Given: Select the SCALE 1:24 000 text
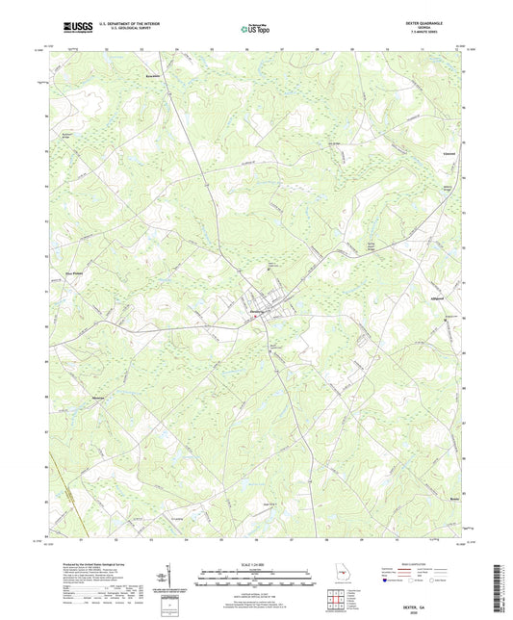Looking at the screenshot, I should [256, 564].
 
